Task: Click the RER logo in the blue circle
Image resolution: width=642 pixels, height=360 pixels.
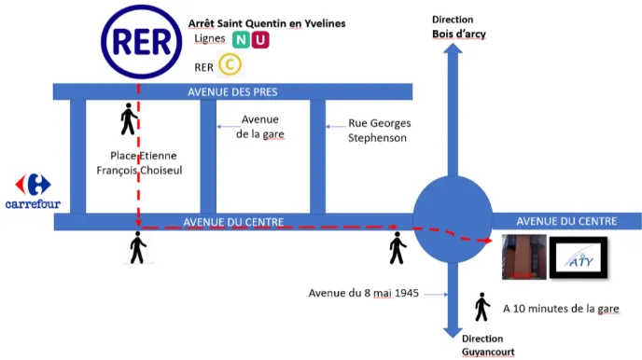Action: point(141,42)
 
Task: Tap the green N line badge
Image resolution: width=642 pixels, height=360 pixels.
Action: point(241,40)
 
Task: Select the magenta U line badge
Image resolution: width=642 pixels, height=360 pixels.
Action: point(260,40)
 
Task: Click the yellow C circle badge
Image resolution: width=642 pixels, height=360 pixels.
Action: point(230,64)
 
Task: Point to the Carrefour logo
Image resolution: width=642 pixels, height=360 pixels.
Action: point(33,191)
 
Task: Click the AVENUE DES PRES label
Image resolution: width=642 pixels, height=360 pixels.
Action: point(232,92)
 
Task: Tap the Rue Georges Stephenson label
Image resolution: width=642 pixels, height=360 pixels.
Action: point(379,131)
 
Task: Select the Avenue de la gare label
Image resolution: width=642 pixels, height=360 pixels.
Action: point(260,127)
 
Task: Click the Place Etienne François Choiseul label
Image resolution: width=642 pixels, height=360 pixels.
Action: point(139,163)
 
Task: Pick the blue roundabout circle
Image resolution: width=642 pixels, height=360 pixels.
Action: point(453,219)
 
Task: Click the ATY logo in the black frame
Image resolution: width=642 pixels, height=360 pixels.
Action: point(579,257)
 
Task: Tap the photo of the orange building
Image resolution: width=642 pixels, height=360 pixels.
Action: point(524,256)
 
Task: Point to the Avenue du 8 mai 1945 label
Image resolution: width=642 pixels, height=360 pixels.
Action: point(364,293)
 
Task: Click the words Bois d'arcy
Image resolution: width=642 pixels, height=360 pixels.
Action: point(459,34)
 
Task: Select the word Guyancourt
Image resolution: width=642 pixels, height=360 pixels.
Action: point(488,352)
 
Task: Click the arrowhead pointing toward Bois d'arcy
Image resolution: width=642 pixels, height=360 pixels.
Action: point(453,48)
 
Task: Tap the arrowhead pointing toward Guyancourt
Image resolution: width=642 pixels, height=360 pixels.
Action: point(453,333)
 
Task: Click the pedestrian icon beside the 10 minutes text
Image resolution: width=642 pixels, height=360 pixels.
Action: point(482,307)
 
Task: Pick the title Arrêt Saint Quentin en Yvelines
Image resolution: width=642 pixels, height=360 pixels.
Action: point(267,23)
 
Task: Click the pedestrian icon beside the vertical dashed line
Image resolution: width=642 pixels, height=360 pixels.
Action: point(129,118)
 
